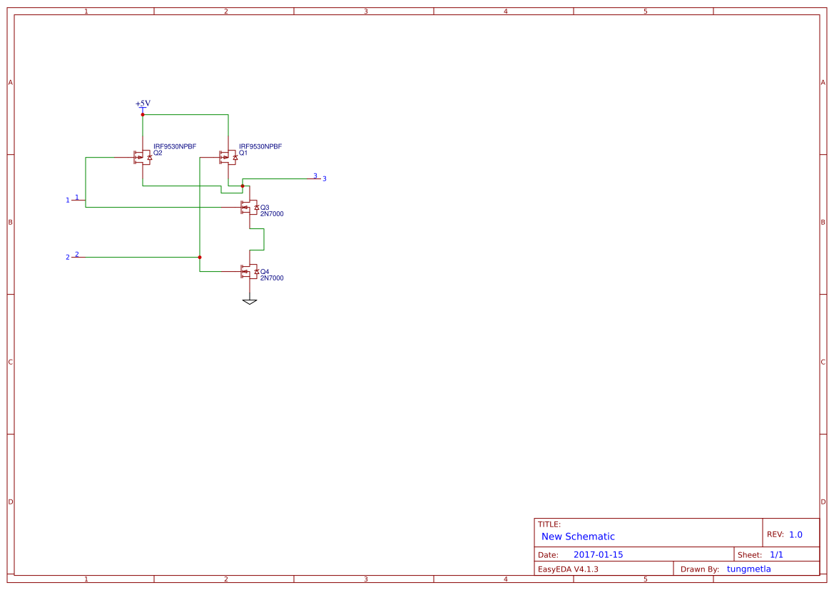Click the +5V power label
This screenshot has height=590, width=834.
pyautogui.click(x=143, y=103)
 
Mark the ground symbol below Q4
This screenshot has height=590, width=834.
pyautogui.click(x=250, y=302)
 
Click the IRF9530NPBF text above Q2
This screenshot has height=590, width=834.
pyautogui.click(x=175, y=146)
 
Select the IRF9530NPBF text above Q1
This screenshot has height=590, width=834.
pyautogui.click(x=260, y=146)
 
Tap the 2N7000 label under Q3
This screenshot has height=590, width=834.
pyautogui.click(x=272, y=214)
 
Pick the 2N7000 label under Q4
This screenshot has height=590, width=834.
pyautogui.click(x=272, y=278)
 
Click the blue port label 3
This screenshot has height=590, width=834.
pyautogui.click(x=324, y=178)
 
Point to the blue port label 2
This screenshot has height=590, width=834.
pyautogui.click(x=68, y=257)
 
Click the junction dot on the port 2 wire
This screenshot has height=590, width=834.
pyautogui.click(x=200, y=257)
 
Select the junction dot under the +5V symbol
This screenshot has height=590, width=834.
pyautogui.click(x=143, y=114)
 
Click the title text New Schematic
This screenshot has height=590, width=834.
pyautogui.click(x=578, y=536)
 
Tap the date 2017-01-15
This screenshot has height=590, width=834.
pyautogui.click(x=598, y=555)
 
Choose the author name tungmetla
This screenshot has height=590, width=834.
pyautogui.click(x=749, y=569)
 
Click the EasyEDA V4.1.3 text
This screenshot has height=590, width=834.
pyautogui.click(x=568, y=569)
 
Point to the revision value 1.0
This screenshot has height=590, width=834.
pyautogui.click(x=795, y=534)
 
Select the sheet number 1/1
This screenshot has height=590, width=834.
pyautogui.click(x=776, y=555)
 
